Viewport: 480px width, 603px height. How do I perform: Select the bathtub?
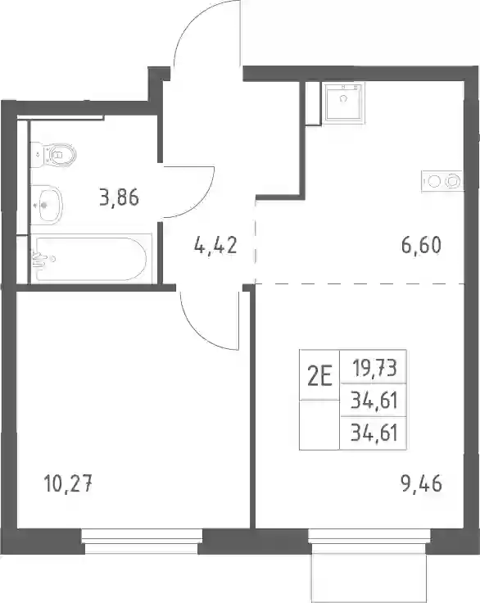pos(91,258)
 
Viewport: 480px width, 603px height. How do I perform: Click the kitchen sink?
pos(343,102)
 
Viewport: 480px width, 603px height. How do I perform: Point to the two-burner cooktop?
pos(442,181)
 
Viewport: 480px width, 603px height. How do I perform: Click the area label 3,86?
pos(119,197)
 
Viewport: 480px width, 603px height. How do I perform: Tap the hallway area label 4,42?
pos(215,245)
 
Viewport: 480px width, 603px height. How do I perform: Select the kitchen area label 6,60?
pos(421,245)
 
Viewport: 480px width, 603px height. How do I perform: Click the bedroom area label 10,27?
pos(68,483)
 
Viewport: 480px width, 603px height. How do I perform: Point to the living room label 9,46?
pos(421,483)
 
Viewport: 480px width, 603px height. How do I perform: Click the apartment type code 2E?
pos(319,376)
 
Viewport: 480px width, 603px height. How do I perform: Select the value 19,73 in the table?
pos(374,368)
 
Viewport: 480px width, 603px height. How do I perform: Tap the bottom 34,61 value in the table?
pos(374,433)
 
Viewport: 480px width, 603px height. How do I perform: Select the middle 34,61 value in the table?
pos(374,401)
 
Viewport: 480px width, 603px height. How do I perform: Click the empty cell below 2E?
pos(319,424)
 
